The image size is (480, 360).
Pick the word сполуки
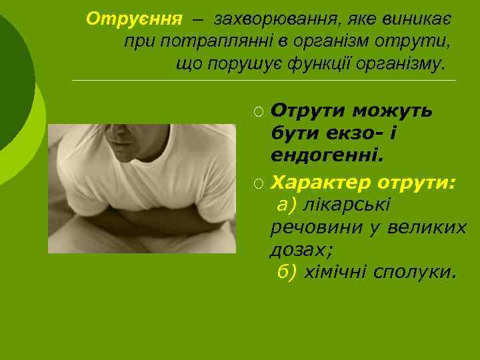[x=415, y=272]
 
